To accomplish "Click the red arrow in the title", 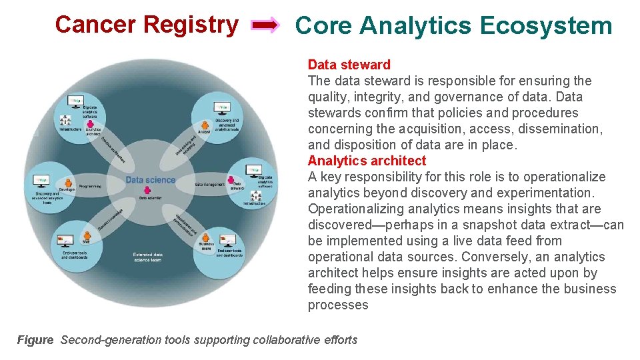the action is [x=265, y=26].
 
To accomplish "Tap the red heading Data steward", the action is [x=349, y=65].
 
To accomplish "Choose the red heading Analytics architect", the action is [x=367, y=161].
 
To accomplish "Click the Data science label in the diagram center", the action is [x=150, y=179].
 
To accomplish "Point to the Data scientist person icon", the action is [x=149, y=191].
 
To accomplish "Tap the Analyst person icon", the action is [x=205, y=125].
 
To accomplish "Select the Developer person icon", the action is [x=67, y=181].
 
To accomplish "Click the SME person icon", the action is [x=86, y=234].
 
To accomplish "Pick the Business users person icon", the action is [x=206, y=238].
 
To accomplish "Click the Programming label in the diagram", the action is [x=90, y=185].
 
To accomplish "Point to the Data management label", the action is [x=209, y=184].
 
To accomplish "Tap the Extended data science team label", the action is [x=147, y=257].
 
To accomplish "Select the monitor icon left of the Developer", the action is [x=41, y=180].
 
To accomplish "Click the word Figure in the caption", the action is [x=35, y=340].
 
